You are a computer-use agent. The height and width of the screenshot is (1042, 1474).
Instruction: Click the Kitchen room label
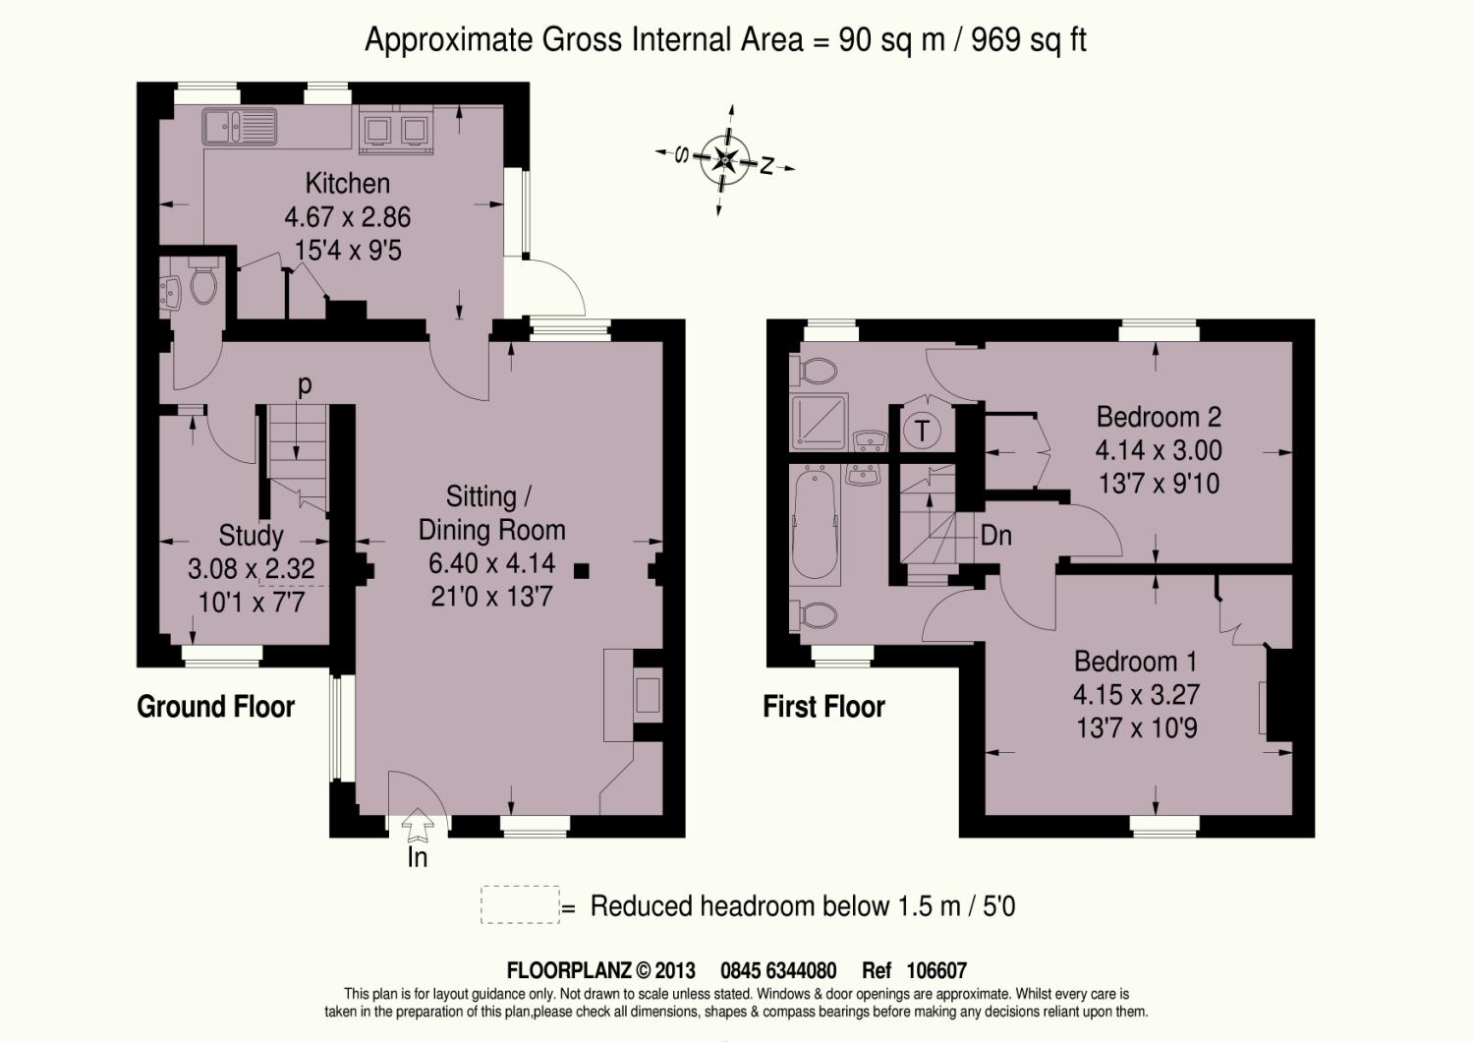coord(348,183)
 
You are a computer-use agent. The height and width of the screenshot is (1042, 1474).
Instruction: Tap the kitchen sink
coord(240,127)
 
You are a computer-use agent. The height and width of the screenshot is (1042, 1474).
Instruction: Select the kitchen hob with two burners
coord(396,132)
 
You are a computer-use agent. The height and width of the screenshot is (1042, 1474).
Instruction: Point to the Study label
coord(251,535)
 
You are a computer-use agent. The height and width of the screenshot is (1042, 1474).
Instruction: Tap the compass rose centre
coord(725,159)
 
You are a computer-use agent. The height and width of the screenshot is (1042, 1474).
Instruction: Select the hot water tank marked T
coord(922,432)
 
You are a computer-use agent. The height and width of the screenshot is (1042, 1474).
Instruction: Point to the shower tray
coord(820,422)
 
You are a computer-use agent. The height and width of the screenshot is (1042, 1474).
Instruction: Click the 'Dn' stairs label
coord(995,536)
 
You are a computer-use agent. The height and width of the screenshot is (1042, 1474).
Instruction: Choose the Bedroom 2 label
coord(1159,417)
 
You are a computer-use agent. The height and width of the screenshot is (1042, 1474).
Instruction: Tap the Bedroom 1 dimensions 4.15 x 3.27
coord(1136,694)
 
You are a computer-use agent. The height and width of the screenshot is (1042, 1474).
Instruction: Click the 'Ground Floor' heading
coord(216,706)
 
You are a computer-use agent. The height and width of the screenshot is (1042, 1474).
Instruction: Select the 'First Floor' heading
coord(823,706)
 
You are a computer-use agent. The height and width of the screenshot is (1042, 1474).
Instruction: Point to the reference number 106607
coord(936,970)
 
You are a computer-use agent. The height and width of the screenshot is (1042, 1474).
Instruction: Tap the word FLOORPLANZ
coord(569,970)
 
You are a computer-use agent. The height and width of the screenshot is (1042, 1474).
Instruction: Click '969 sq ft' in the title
coord(1029,39)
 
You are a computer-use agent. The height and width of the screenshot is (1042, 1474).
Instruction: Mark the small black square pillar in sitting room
coord(581,571)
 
